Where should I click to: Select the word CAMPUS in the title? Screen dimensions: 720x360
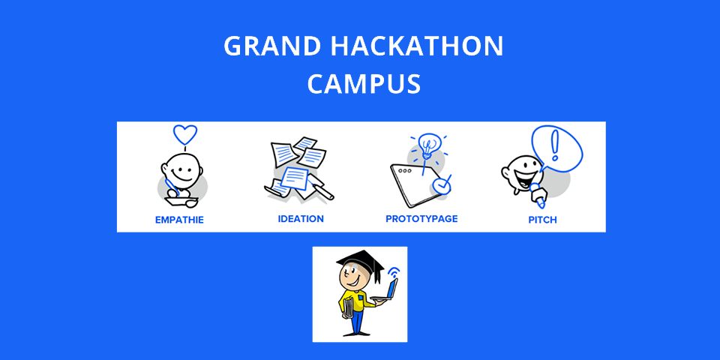tap(364, 83)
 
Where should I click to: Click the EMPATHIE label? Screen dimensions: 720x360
tap(179, 220)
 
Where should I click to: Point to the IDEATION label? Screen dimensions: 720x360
tap(301, 218)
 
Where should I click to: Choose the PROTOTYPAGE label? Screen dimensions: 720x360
tap(421, 218)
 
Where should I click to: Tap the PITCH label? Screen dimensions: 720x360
tap(542, 220)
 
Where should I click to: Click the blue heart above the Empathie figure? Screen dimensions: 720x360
tap(185, 134)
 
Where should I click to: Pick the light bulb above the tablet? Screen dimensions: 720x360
tap(429, 145)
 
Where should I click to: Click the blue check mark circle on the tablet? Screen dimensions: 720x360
tap(442, 185)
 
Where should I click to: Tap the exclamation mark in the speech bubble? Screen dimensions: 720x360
tap(555, 145)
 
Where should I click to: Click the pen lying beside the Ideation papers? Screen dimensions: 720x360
tap(322, 190)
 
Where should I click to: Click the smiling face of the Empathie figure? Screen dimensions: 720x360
tap(183, 171)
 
